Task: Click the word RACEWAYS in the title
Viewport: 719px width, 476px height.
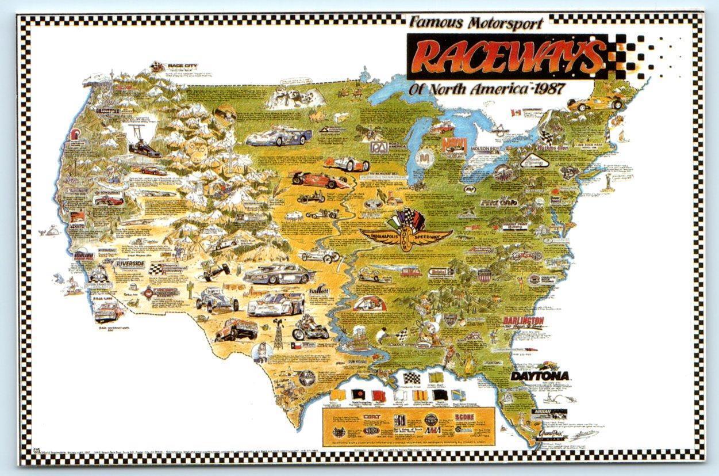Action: click(x=506, y=56)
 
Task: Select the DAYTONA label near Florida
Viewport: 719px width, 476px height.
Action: click(x=540, y=376)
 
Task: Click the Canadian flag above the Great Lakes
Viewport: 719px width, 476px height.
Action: click(x=515, y=112)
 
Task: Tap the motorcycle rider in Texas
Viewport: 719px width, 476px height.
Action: click(x=309, y=329)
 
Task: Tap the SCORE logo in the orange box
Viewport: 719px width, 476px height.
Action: click(x=463, y=416)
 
